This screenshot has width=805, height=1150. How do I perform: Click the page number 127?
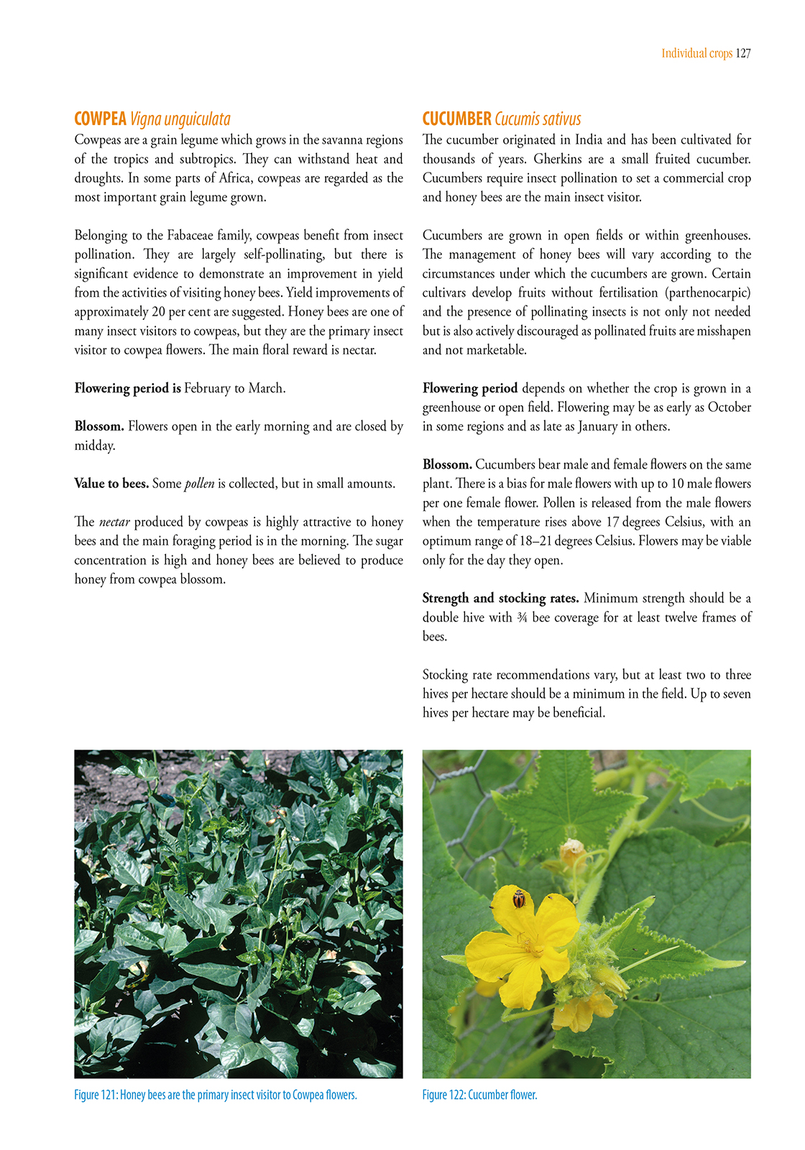[743, 53]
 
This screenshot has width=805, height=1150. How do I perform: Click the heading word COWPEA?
[100, 119]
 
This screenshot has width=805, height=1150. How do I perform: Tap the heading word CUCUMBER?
[456, 119]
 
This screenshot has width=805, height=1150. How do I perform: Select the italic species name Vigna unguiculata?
[180, 119]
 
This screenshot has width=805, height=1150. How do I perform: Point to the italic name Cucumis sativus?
[538, 119]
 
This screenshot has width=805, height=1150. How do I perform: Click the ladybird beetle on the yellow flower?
[518, 898]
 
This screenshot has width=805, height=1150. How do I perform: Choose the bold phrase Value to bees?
[111, 484]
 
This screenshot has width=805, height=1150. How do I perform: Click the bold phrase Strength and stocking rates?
[500, 598]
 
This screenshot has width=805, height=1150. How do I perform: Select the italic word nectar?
[114, 522]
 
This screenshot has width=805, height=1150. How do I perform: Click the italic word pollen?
[199, 484]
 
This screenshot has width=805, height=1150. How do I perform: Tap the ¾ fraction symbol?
[522, 617]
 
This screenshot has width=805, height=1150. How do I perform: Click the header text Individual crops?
[696, 53]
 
